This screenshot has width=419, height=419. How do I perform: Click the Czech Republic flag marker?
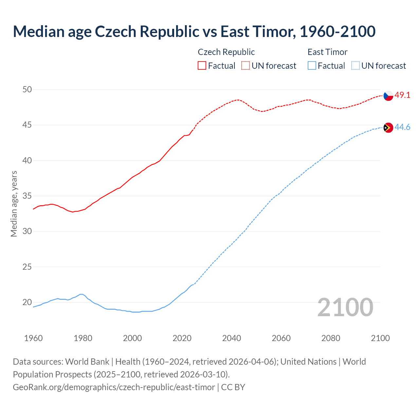coord(388,96)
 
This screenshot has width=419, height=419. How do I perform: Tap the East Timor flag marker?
coord(388,127)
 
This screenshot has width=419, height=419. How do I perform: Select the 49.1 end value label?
coord(402,95)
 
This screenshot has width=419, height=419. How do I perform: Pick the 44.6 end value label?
coord(402,127)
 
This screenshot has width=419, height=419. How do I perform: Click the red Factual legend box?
coord(202,65)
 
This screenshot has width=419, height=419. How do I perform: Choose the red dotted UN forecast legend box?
coord(246,65)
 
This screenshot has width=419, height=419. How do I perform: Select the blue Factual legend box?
coord(312,65)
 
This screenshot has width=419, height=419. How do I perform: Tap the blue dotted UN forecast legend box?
coord(355,65)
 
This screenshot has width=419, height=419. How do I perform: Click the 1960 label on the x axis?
coord(33,338)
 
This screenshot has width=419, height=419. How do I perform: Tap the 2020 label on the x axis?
coord(182,338)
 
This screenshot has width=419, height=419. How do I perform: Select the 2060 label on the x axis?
coord(281,338)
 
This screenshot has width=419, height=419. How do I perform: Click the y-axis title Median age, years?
coord(14,204)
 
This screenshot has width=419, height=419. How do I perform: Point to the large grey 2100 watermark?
coord(345,307)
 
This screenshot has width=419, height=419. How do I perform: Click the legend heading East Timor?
coord(327,52)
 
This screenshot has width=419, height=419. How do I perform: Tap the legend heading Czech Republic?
coord(226,52)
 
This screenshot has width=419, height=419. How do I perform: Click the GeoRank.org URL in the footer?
coord(114,387)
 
